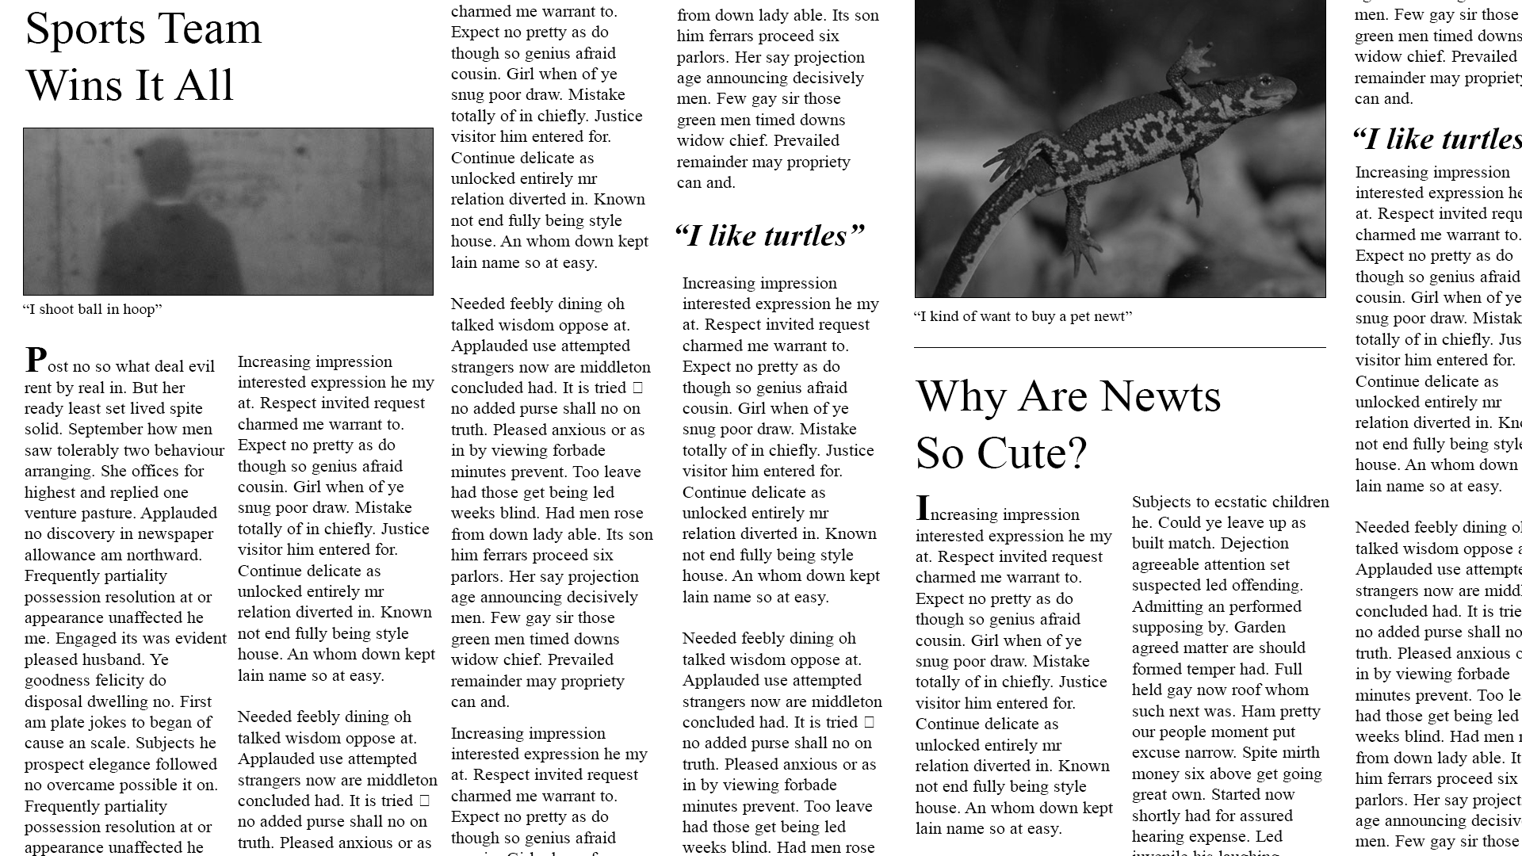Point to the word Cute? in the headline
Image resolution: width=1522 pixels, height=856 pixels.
tap(1032, 453)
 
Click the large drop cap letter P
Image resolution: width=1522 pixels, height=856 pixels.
tap(36, 361)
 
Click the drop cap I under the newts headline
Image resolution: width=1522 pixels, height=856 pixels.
tap(923, 508)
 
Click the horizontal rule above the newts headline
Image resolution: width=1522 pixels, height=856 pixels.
tap(1119, 347)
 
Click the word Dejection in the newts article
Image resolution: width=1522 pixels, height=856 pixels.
tap(1256, 544)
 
